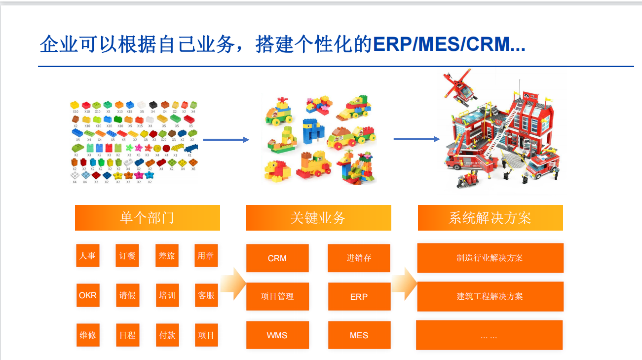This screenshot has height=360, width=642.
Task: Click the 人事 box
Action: pos(88,256)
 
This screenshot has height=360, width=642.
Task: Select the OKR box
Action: pos(88,295)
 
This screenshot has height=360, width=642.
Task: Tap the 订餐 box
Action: pos(127,256)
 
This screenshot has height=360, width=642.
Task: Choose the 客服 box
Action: pos(206,295)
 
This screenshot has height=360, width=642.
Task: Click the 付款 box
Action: pos(167,335)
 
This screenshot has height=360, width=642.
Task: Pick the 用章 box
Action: pos(206,256)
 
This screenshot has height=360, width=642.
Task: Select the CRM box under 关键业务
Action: pos(277,258)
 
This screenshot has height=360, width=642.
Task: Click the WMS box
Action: pos(277,335)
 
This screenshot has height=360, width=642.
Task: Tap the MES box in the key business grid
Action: pos(359,335)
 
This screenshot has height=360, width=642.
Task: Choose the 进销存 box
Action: pos(359,258)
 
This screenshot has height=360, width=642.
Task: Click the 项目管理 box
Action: pos(277,296)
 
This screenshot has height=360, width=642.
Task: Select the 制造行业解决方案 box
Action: pos(490,258)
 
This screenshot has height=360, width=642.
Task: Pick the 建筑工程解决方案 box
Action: pos(490,296)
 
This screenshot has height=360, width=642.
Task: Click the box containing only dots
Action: pos(489,335)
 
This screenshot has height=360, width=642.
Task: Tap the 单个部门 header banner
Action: pos(147,218)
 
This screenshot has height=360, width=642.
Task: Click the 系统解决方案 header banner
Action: pos(490,218)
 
